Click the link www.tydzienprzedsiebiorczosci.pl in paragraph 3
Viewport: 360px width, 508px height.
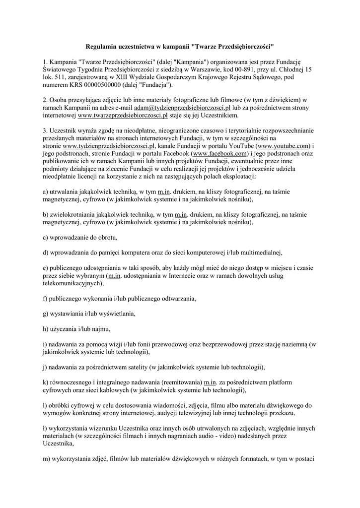(109, 146)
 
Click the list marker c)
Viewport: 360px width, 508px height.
(46, 237)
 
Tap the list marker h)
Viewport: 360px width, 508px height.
(46, 329)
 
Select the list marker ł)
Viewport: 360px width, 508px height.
(46, 428)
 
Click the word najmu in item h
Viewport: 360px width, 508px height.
(100, 329)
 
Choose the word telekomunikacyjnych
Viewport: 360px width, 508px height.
(72, 283)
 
